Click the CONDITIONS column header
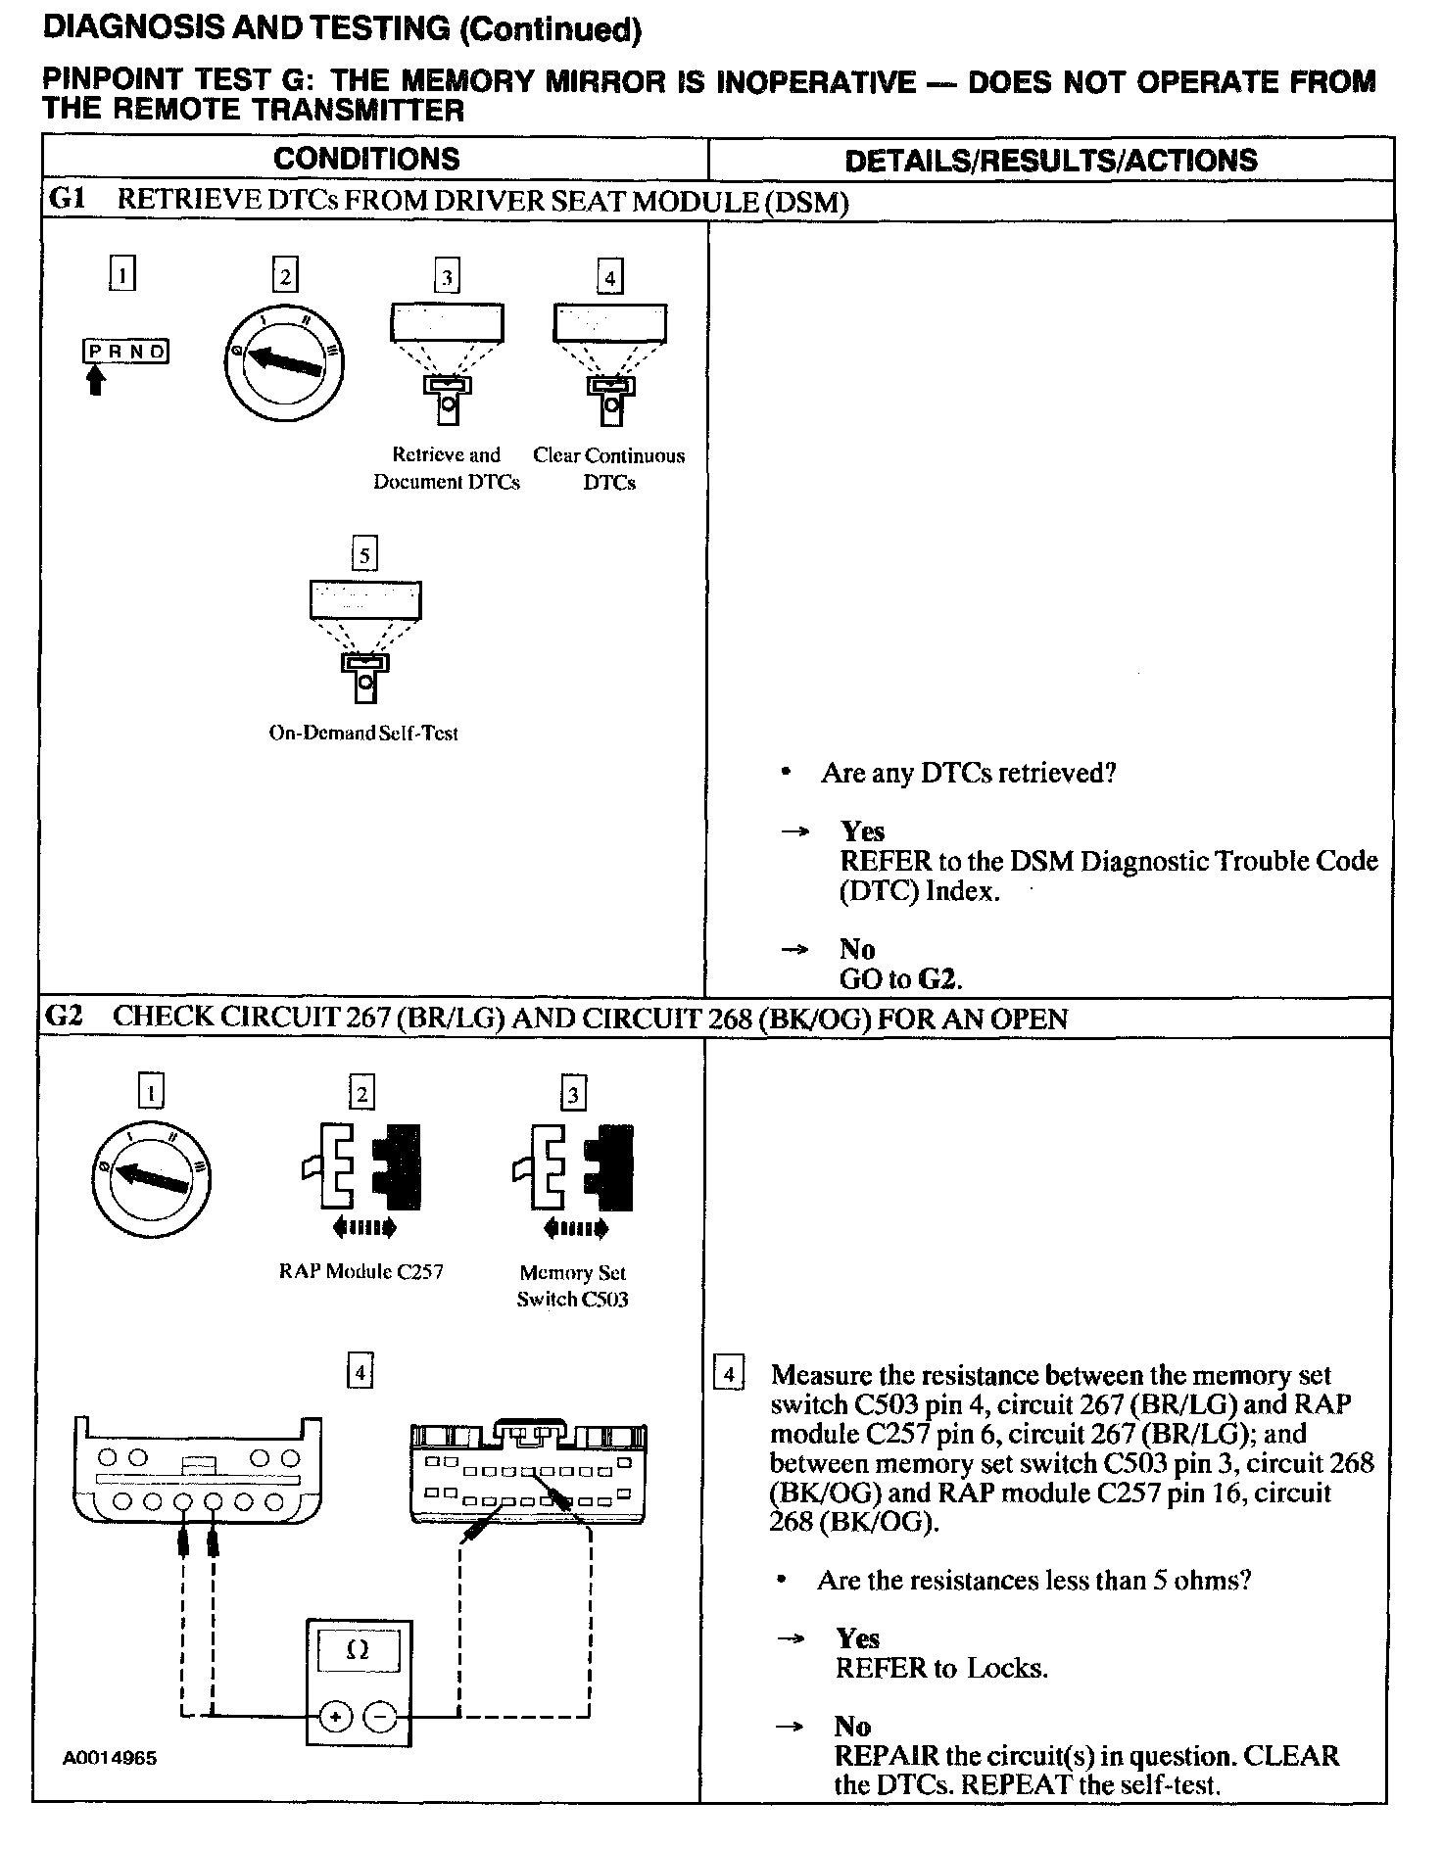[x=366, y=159]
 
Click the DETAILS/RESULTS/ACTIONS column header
[x=1050, y=161]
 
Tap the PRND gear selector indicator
[x=125, y=352]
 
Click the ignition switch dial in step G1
[x=284, y=362]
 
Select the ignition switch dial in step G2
[x=151, y=1174]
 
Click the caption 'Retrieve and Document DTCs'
[x=447, y=468]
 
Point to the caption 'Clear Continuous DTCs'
[x=609, y=468]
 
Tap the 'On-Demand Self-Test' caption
[x=363, y=733]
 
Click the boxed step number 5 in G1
[x=364, y=555]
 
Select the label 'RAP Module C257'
[x=360, y=1271]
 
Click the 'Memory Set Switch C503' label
[x=573, y=1286]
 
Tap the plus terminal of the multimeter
[x=336, y=1717]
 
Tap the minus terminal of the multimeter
[x=382, y=1717]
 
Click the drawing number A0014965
[x=109, y=1758]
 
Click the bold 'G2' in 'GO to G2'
[x=939, y=978]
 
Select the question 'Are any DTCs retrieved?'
[x=968, y=774]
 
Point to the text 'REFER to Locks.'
[x=941, y=1668]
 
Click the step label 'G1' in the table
[x=67, y=200]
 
